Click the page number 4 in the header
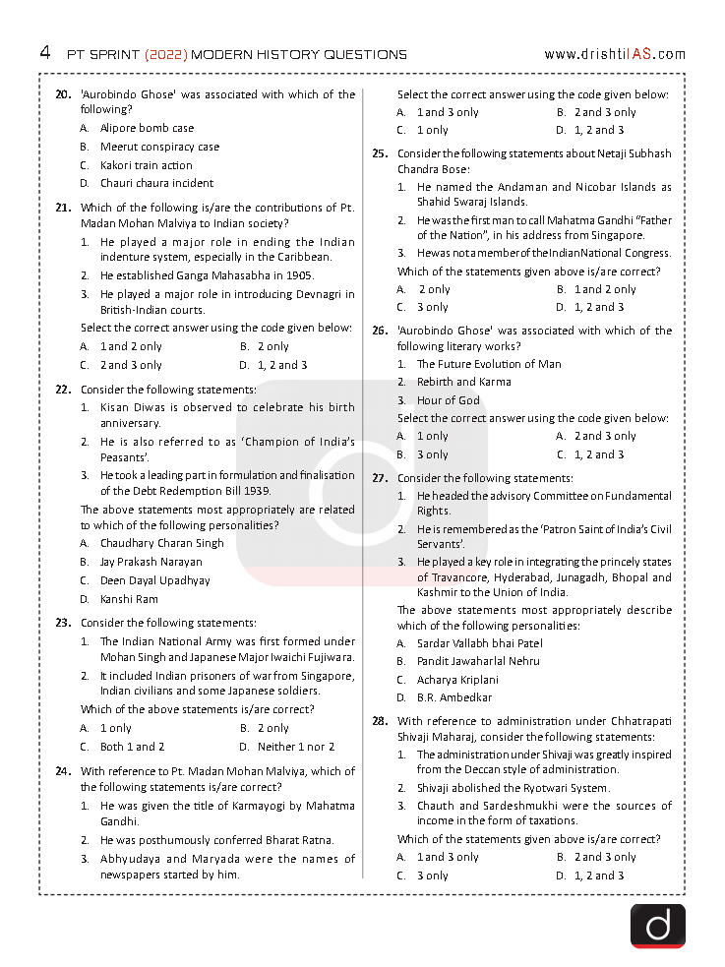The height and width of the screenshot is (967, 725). (x=45, y=52)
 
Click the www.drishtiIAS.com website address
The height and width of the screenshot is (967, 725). (x=614, y=54)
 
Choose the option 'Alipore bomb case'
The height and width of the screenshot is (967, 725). (x=147, y=128)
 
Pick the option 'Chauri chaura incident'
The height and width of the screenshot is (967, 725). (x=156, y=183)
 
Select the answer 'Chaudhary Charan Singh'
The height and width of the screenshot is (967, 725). (x=161, y=543)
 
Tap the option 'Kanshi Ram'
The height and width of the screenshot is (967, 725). (x=129, y=599)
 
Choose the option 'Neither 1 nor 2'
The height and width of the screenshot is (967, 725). (x=296, y=747)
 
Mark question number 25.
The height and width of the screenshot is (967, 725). (x=379, y=153)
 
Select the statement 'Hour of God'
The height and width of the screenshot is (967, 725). (x=448, y=400)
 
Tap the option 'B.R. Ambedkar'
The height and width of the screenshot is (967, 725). (x=454, y=697)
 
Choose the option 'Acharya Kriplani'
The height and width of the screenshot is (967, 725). (x=457, y=680)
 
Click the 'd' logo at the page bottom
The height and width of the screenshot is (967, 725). (x=657, y=926)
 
